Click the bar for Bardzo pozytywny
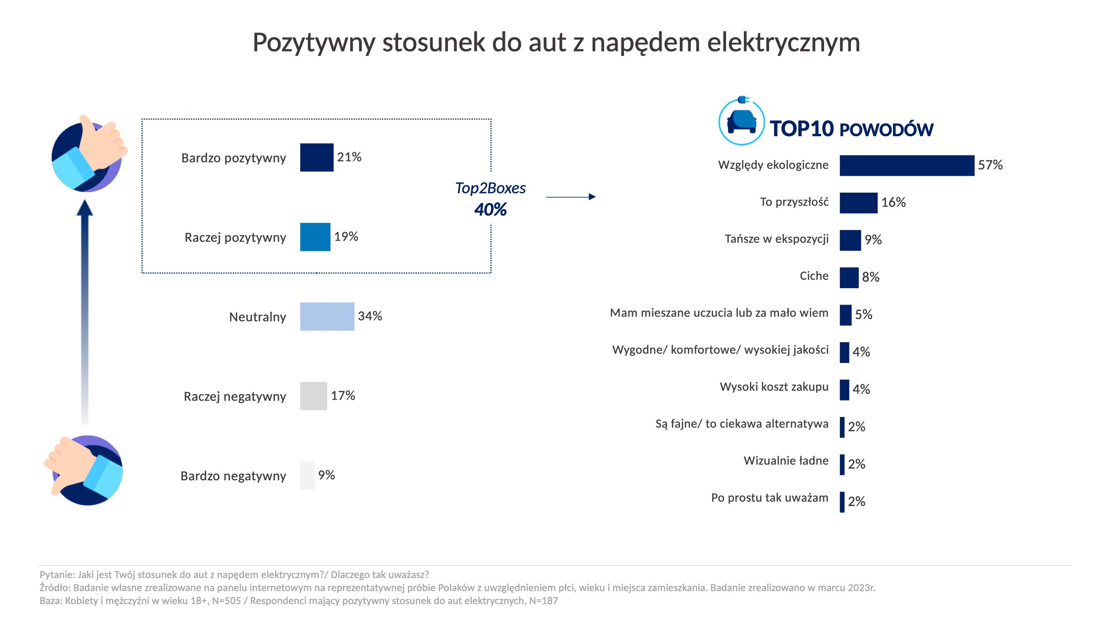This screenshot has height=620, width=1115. point(317,157)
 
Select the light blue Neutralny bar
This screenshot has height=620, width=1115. point(327,316)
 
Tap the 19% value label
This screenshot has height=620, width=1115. point(346,237)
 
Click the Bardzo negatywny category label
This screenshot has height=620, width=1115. point(233,476)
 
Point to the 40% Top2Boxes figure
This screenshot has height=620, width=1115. point(490,209)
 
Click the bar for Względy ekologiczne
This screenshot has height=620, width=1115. point(906,165)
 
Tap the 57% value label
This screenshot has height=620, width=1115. point(990,165)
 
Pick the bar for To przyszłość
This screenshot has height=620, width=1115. point(858,203)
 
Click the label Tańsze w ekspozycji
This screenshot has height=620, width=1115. point(776,239)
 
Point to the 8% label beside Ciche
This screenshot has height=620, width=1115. point(870,277)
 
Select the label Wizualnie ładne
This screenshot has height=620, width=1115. point(785,461)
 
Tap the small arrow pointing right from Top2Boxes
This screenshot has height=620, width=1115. point(570,197)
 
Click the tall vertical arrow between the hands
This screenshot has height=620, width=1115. point(85,312)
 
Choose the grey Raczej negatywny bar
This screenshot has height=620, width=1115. point(313,396)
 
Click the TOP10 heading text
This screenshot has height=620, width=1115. point(801,129)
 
